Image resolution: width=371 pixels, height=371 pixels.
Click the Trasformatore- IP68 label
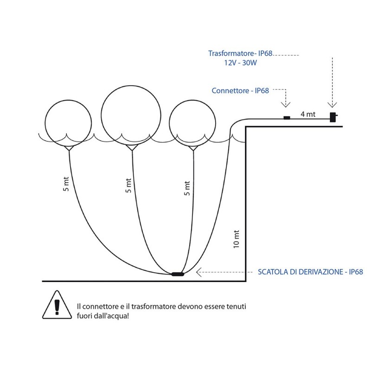point(240,54)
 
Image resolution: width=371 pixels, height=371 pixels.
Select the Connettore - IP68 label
point(240,90)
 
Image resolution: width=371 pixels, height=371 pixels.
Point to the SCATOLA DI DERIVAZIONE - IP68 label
point(310,272)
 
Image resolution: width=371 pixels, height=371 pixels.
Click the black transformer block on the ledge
point(333,116)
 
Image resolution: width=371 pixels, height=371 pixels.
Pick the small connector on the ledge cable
point(287,118)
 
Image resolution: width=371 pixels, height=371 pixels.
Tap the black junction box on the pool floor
point(178,274)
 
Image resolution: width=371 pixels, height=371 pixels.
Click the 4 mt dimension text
point(308,114)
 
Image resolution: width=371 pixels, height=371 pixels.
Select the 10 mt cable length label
point(236,238)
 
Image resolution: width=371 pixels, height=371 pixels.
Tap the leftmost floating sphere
point(68,124)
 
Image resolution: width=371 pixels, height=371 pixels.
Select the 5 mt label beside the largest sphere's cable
point(128,185)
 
